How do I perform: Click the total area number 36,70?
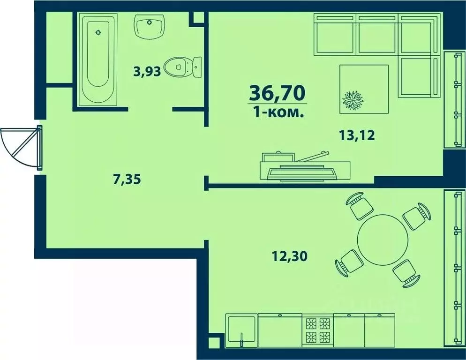coord(277,93)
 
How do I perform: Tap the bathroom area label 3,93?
coord(147,72)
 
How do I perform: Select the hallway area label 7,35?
coord(128,179)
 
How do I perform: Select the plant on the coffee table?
coord(354,100)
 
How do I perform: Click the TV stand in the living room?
coord(305,169)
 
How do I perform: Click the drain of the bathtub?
coord(98,32)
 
